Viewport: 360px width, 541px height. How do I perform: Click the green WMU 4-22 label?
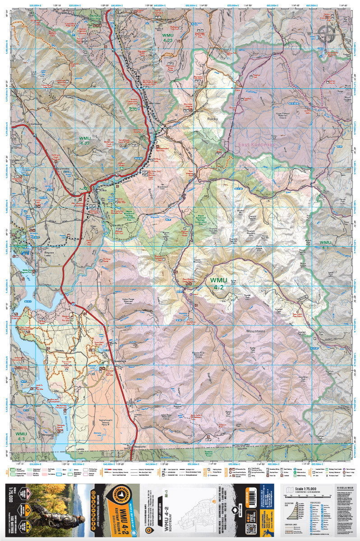pos(85,141)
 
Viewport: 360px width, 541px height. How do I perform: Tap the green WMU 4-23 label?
pos(163,37)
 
